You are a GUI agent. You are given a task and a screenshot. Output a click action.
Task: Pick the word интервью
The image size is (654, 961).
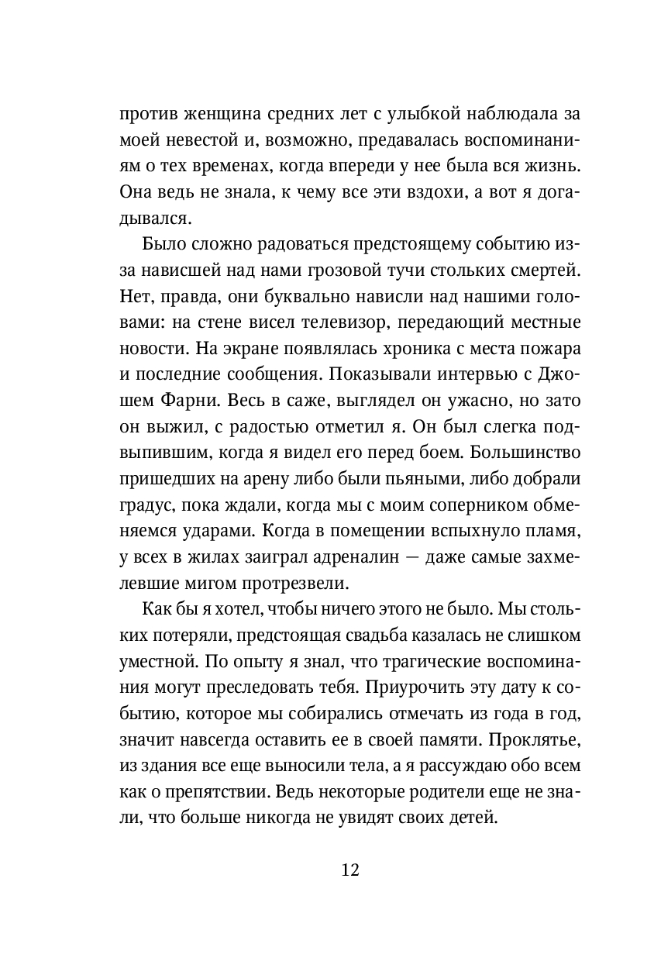[471, 377]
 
